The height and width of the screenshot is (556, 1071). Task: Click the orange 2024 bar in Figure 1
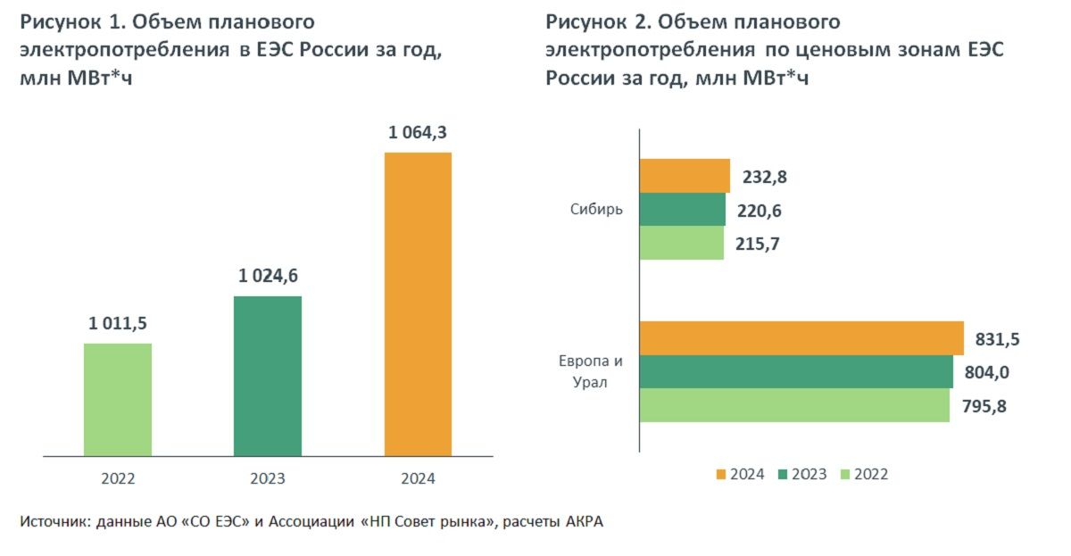coord(418,303)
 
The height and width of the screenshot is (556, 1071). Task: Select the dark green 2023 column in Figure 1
coord(268,376)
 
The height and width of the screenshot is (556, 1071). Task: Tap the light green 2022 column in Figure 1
coord(118,399)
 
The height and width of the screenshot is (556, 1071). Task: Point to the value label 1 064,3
coord(418,134)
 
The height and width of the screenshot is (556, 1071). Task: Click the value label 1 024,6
coord(268,277)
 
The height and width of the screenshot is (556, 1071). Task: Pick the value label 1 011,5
coord(118,325)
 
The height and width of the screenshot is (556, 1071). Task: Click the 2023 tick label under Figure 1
coord(268,479)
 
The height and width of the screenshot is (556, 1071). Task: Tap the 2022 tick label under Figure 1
coord(118,479)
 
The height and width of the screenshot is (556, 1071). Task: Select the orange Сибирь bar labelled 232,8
coord(685,176)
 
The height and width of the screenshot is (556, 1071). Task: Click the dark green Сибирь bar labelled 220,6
coord(682,210)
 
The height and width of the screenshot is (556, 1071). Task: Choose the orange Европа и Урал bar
coord(801,338)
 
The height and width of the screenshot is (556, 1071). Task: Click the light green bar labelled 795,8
coord(794,405)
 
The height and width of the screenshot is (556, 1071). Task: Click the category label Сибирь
coord(596,210)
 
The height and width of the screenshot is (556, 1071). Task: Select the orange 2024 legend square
coord(720,474)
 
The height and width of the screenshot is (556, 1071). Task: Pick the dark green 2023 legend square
coord(784,474)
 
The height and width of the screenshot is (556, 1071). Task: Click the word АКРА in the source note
coord(585,522)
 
